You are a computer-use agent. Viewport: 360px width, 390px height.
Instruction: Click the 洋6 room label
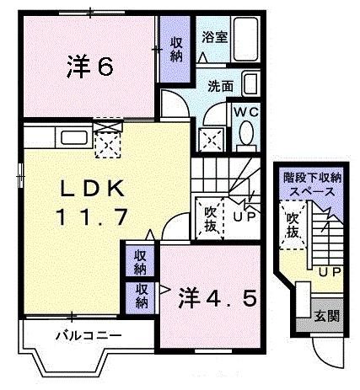89,68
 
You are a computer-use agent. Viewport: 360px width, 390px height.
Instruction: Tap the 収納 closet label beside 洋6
175,50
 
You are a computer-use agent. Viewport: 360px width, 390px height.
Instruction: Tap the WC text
245,110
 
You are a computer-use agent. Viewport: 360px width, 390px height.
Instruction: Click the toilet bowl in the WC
247,133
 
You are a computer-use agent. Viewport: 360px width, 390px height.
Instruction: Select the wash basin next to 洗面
250,83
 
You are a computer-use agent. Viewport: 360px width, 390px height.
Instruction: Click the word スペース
313,191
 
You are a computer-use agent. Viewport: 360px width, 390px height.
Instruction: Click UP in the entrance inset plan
329,272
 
